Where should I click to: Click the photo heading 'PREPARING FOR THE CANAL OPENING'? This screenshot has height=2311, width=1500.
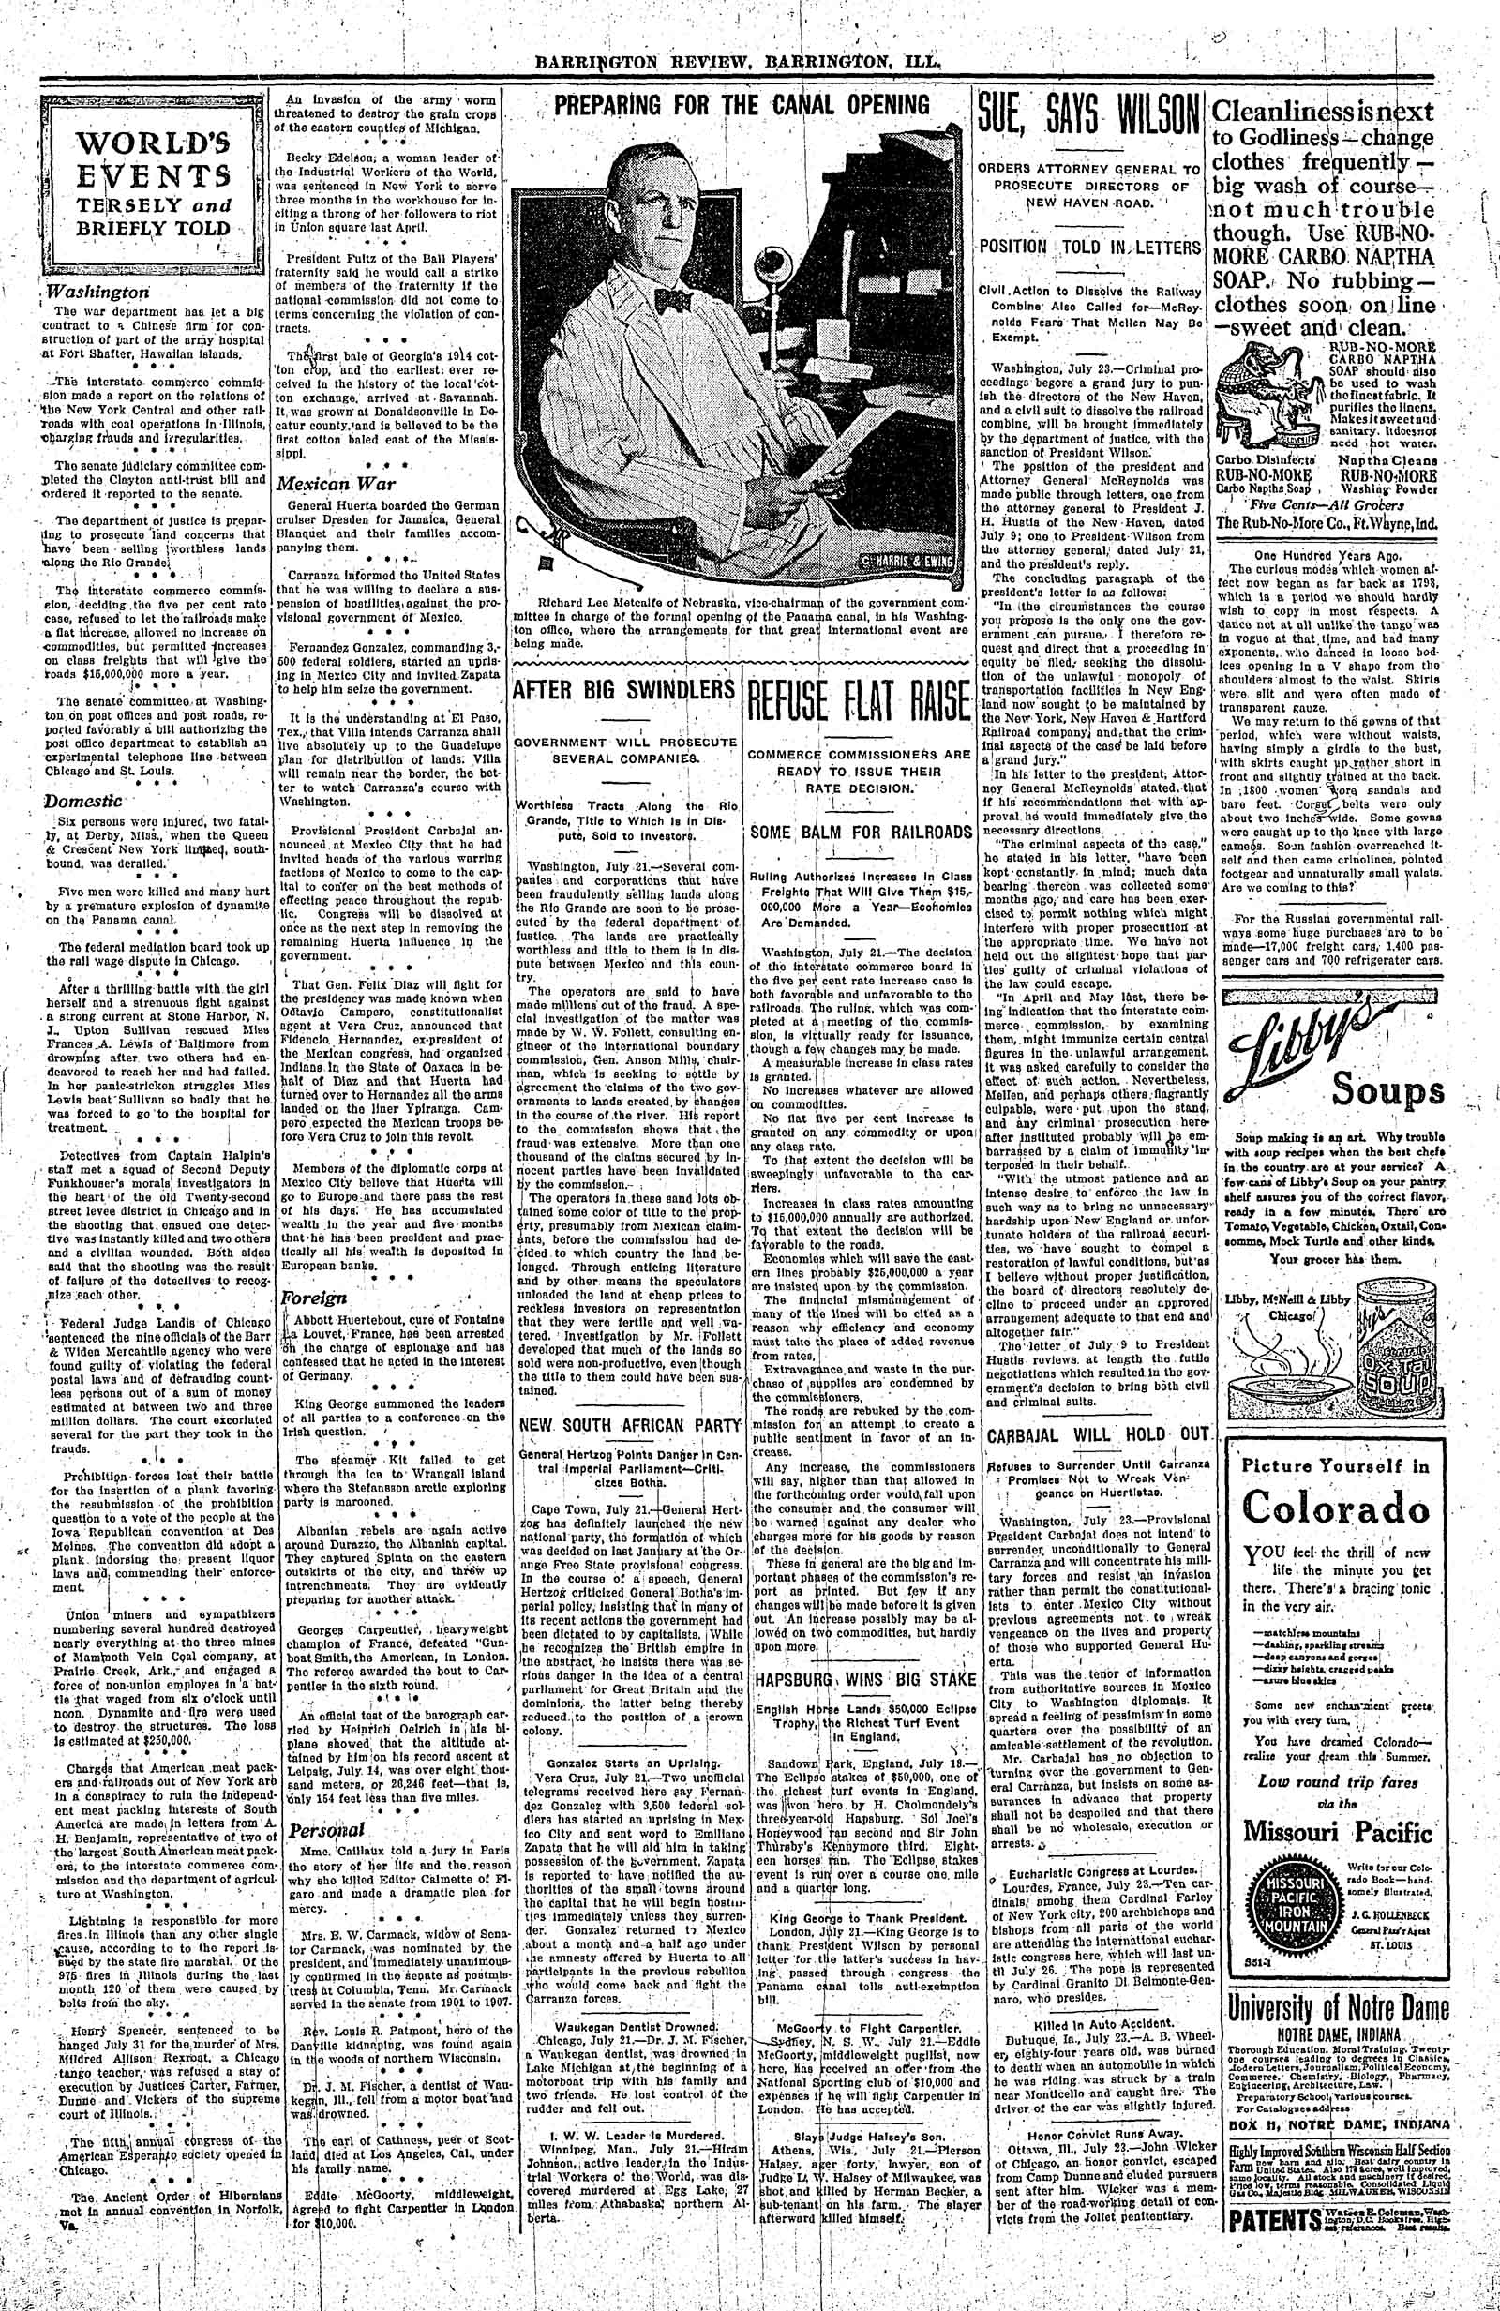pos(741,105)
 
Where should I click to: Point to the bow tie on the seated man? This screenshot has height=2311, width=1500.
pos(671,302)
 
